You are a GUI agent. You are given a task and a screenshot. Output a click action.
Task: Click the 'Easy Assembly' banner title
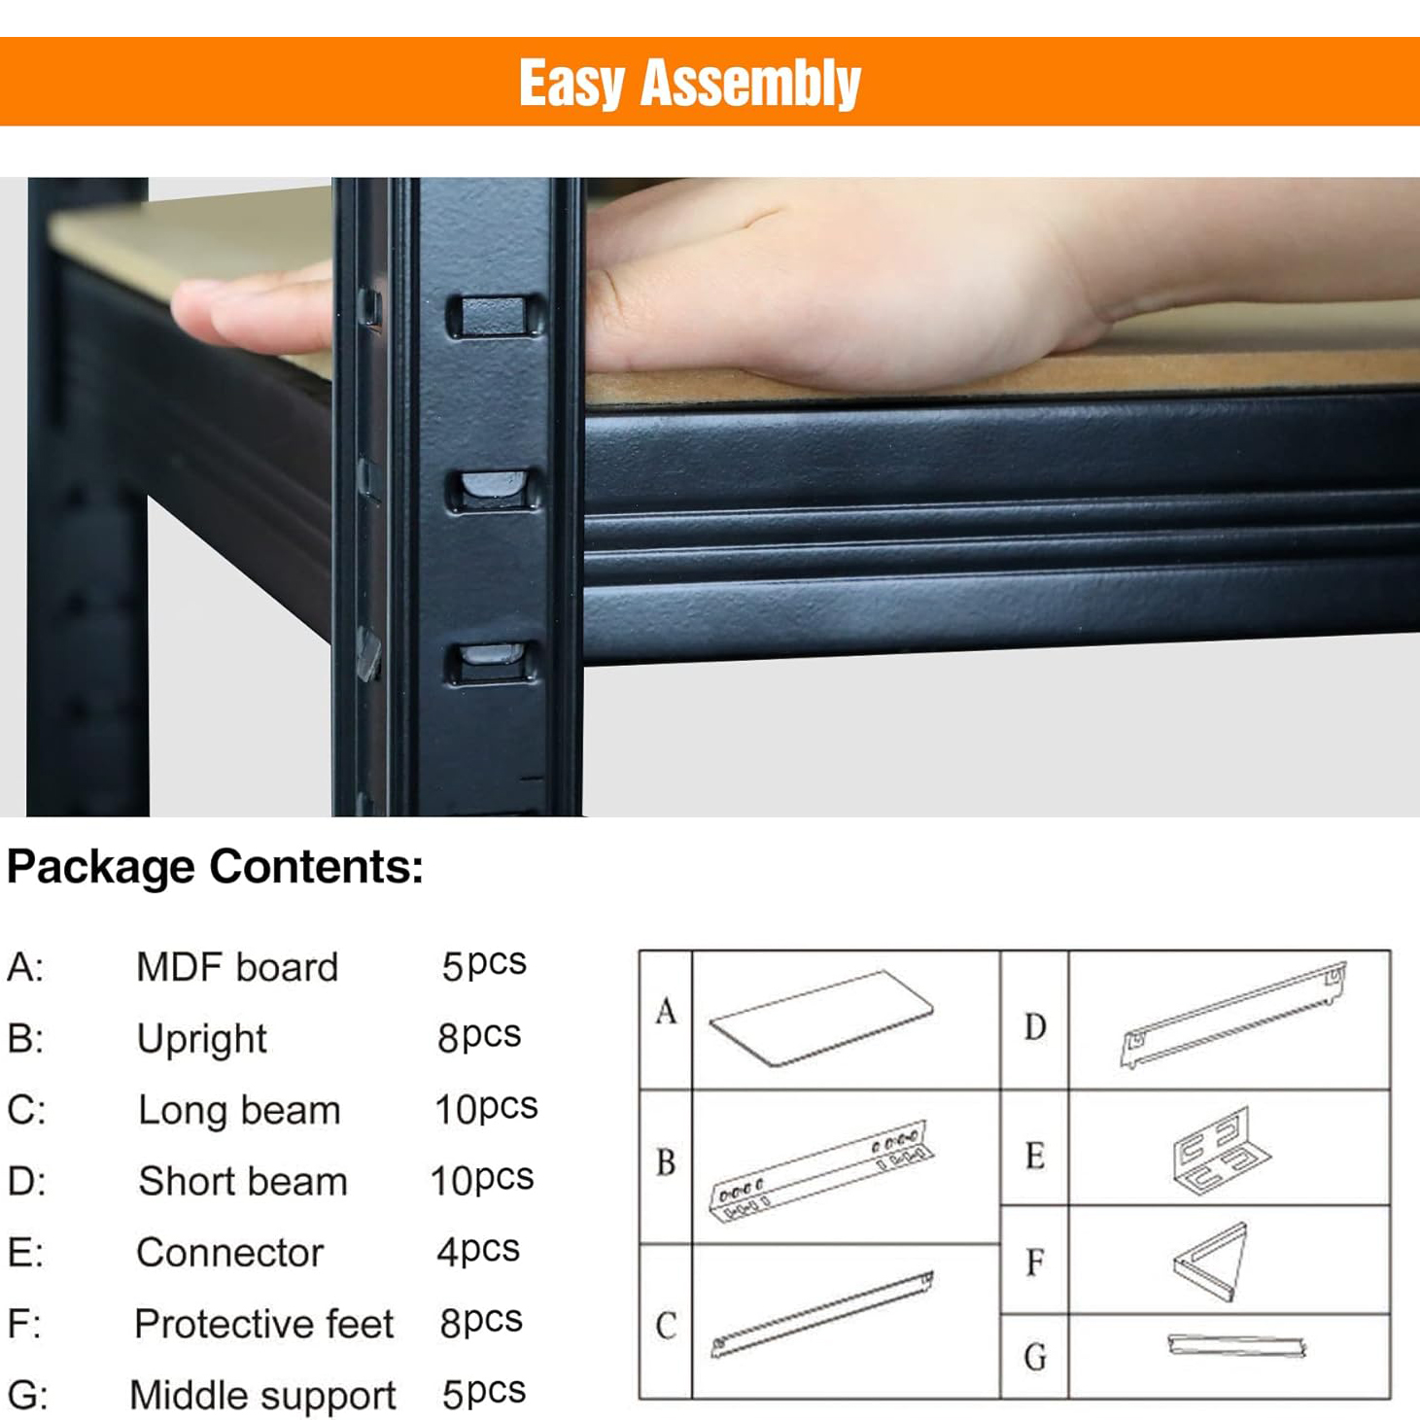click(690, 84)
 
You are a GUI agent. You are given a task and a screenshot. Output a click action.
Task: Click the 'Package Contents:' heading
click(215, 867)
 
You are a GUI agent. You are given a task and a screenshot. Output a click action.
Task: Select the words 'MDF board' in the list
click(237, 967)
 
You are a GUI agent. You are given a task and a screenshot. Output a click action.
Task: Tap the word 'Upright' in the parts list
click(202, 1040)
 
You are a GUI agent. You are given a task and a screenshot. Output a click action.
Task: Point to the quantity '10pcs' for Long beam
click(486, 1108)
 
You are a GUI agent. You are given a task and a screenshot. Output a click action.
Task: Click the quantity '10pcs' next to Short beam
click(482, 1179)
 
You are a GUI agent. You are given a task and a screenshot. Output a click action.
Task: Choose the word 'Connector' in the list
click(230, 1253)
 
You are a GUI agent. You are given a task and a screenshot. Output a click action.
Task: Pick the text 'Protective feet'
click(263, 1324)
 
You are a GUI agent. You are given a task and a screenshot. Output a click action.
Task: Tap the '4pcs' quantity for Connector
click(478, 1251)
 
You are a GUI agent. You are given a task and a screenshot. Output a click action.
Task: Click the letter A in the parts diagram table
click(666, 1011)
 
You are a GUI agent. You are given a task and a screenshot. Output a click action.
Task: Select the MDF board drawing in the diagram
click(821, 1020)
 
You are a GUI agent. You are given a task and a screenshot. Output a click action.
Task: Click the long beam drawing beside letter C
click(821, 1314)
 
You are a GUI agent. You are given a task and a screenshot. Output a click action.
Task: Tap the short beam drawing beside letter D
click(1232, 1016)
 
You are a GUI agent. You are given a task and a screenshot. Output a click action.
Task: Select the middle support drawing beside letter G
click(1236, 1345)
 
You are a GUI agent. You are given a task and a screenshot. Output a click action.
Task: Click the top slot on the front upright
click(495, 317)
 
